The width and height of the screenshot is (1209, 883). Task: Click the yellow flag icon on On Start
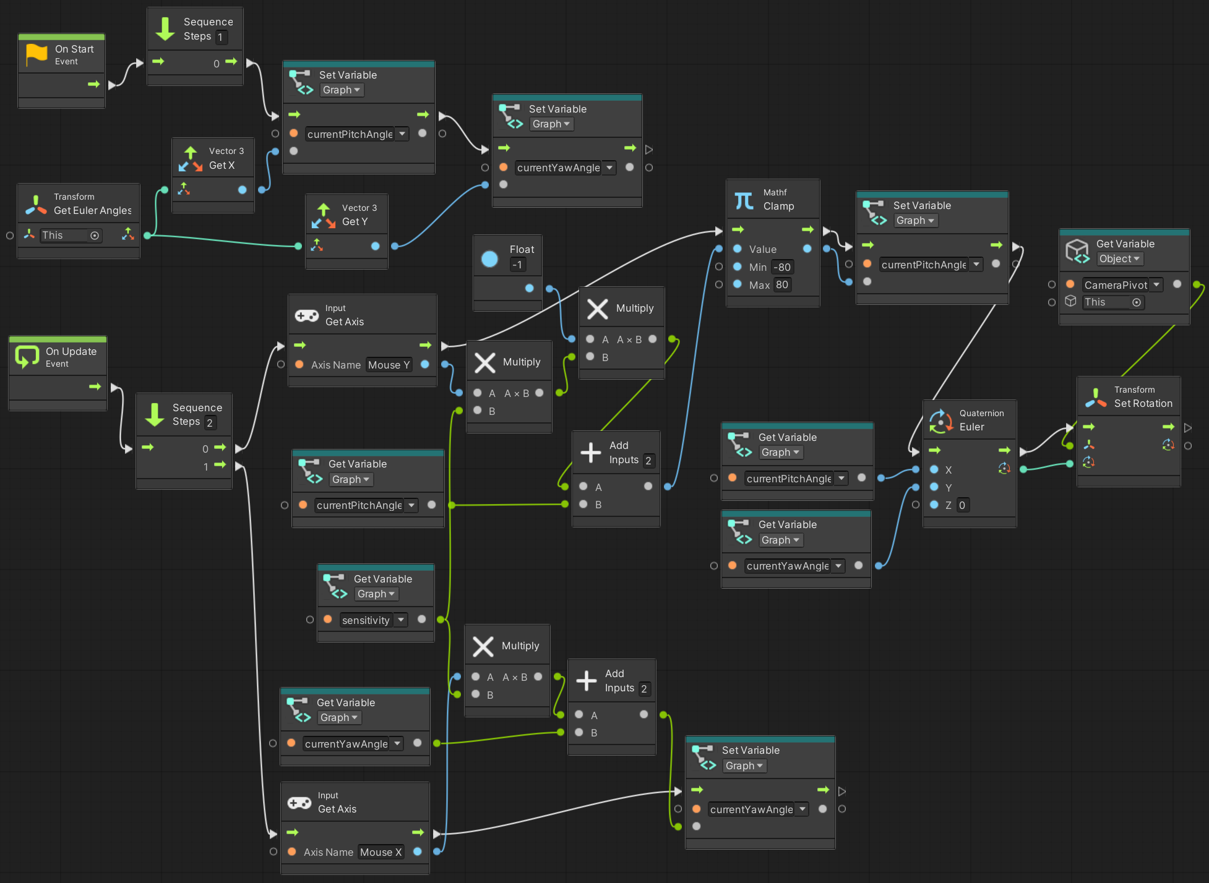coord(37,54)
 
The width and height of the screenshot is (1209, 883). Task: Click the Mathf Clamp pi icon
coord(744,200)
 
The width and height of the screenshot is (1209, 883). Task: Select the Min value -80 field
coord(782,267)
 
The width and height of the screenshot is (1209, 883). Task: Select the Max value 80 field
coord(782,284)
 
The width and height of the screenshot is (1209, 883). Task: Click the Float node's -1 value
coord(518,265)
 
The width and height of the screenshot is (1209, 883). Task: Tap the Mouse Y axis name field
coord(389,365)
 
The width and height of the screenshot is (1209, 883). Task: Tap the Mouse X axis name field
coord(381,852)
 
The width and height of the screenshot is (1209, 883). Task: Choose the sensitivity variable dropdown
coord(373,620)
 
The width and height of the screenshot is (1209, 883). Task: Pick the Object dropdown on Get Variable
coord(1119,258)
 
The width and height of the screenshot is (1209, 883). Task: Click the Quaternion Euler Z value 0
coord(962,505)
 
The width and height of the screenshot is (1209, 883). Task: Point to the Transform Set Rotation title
coord(1143,403)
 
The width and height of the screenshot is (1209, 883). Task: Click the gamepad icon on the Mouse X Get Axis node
coord(299,803)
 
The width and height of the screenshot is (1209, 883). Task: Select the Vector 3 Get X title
coord(222,165)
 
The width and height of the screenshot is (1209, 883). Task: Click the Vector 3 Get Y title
coord(355,221)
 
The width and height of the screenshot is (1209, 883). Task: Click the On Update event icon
coord(27,357)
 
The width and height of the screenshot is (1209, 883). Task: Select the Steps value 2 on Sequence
coord(210,422)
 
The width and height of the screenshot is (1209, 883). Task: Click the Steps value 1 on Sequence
coord(220,37)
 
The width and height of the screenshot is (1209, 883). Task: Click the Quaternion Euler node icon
coord(941,420)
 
